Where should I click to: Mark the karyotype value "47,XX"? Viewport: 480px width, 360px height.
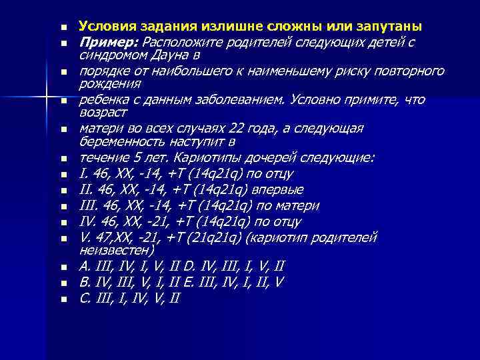(x=111, y=237)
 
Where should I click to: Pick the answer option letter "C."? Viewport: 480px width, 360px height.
(x=85, y=298)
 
